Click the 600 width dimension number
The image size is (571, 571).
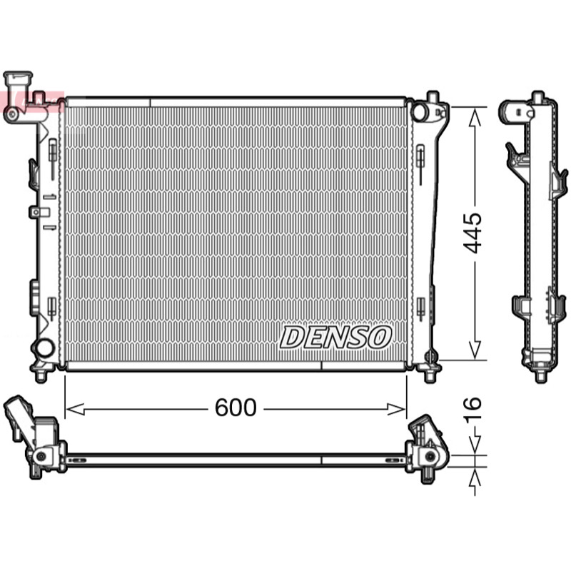pos(236,407)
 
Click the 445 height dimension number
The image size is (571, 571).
pos(473,233)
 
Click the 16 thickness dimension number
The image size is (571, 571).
pos(473,408)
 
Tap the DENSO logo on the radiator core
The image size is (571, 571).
pos(335,337)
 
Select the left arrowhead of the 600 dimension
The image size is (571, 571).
pos(76,409)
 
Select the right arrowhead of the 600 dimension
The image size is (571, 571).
pos(396,409)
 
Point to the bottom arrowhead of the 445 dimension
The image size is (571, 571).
pos(475,350)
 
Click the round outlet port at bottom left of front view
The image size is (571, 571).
pos(45,348)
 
